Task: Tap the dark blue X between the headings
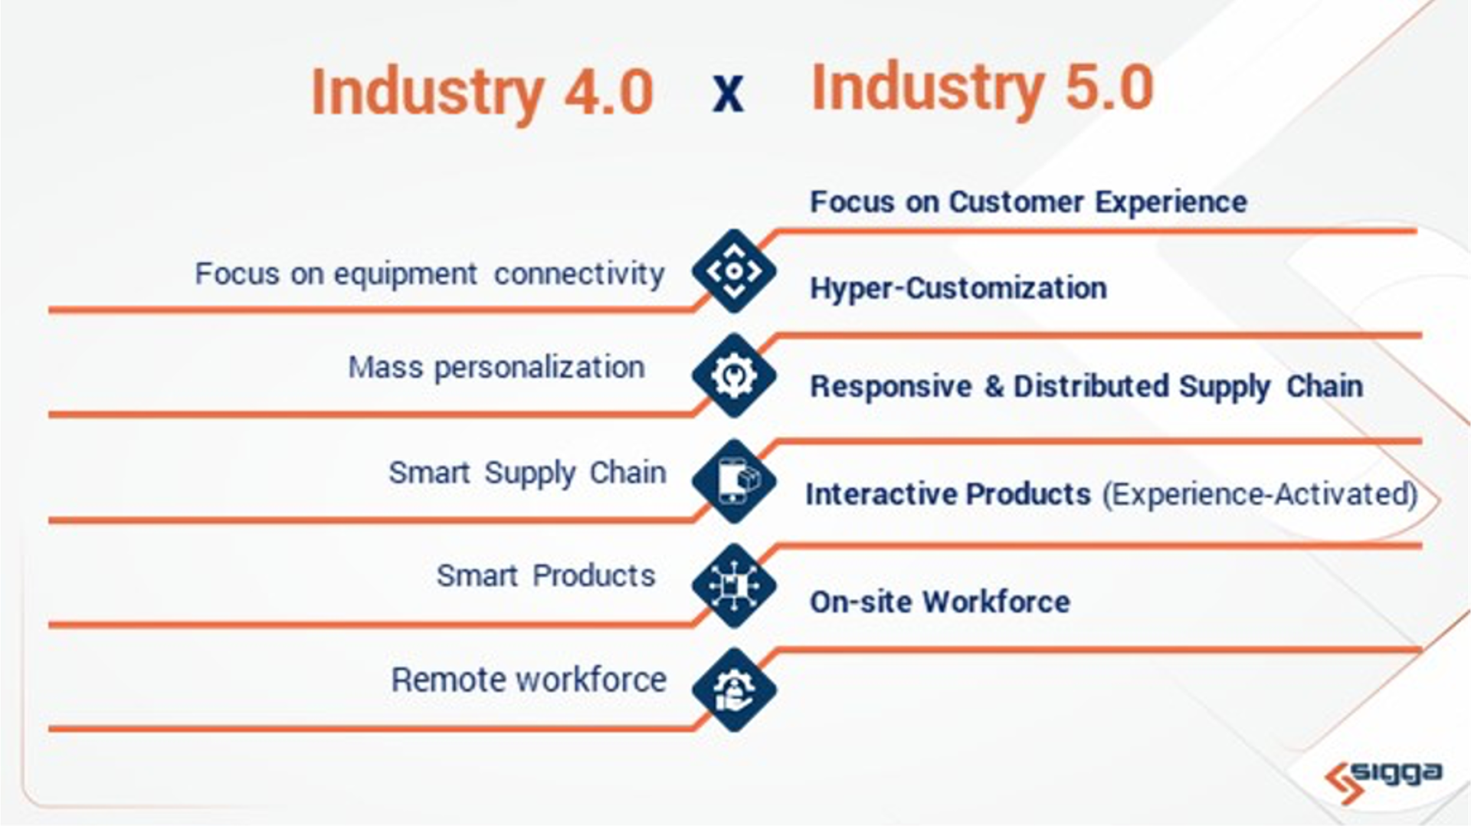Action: click(x=728, y=95)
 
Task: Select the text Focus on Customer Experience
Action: click(x=1028, y=202)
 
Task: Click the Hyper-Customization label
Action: click(x=958, y=289)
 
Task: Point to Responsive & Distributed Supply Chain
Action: click(x=1086, y=387)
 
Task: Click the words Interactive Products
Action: click(x=948, y=494)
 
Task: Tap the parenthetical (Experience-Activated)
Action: click(x=1260, y=495)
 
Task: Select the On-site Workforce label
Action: click(x=940, y=602)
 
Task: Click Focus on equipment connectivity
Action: click(x=430, y=274)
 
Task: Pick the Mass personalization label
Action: click(x=496, y=368)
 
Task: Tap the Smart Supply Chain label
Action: click(x=527, y=474)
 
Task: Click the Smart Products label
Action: click(x=545, y=575)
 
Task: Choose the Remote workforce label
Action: click(x=529, y=680)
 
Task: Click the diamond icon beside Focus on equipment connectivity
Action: click(x=734, y=270)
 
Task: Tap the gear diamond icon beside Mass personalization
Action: click(x=734, y=375)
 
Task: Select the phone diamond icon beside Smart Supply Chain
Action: click(x=734, y=481)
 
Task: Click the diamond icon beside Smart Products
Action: click(x=734, y=586)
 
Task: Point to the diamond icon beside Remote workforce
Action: click(x=734, y=690)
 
